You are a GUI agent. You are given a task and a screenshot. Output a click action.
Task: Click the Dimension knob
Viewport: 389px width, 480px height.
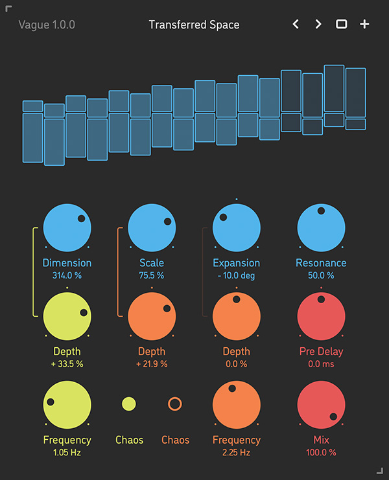tap(67, 227)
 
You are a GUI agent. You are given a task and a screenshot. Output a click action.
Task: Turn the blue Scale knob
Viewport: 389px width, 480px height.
tap(152, 227)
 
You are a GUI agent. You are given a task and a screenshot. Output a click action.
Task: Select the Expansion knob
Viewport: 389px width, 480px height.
tap(237, 227)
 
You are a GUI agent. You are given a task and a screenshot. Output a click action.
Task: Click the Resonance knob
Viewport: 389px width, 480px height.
tap(321, 227)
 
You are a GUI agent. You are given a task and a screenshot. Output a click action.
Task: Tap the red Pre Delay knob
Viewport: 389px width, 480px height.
tap(321, 316)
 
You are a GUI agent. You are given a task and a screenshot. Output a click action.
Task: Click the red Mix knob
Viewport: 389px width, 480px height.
tap(321, 404)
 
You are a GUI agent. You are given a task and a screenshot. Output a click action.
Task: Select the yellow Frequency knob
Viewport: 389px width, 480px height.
tap(67, 404)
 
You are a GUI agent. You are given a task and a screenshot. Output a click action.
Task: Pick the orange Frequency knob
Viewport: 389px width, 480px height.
tap(237, 404)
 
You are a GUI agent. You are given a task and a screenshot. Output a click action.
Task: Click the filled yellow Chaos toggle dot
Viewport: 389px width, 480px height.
tap(129, 404)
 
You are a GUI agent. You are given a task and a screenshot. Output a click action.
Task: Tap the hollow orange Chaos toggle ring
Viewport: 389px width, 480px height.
tap(175, 404)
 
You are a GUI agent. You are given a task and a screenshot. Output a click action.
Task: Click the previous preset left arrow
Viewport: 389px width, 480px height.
tap(296, 25)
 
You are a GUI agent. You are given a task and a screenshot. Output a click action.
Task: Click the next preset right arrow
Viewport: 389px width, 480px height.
tap(318, 25)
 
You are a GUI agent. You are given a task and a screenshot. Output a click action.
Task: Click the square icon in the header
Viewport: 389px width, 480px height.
tap(341, 25)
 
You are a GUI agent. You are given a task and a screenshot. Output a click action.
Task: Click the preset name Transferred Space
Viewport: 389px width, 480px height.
tap(194, 25)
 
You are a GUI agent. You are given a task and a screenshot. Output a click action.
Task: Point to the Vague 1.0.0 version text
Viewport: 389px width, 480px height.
tap(47, 25)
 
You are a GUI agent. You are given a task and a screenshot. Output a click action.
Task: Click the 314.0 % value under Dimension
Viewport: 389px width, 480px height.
tap(67, 275)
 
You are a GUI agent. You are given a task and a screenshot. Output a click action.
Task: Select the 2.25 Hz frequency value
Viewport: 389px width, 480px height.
tap(237, 452)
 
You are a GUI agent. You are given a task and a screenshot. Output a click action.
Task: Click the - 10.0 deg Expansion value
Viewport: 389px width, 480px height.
tap(237, 275)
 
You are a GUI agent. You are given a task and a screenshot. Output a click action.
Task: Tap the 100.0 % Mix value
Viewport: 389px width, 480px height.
tap(321, 452)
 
